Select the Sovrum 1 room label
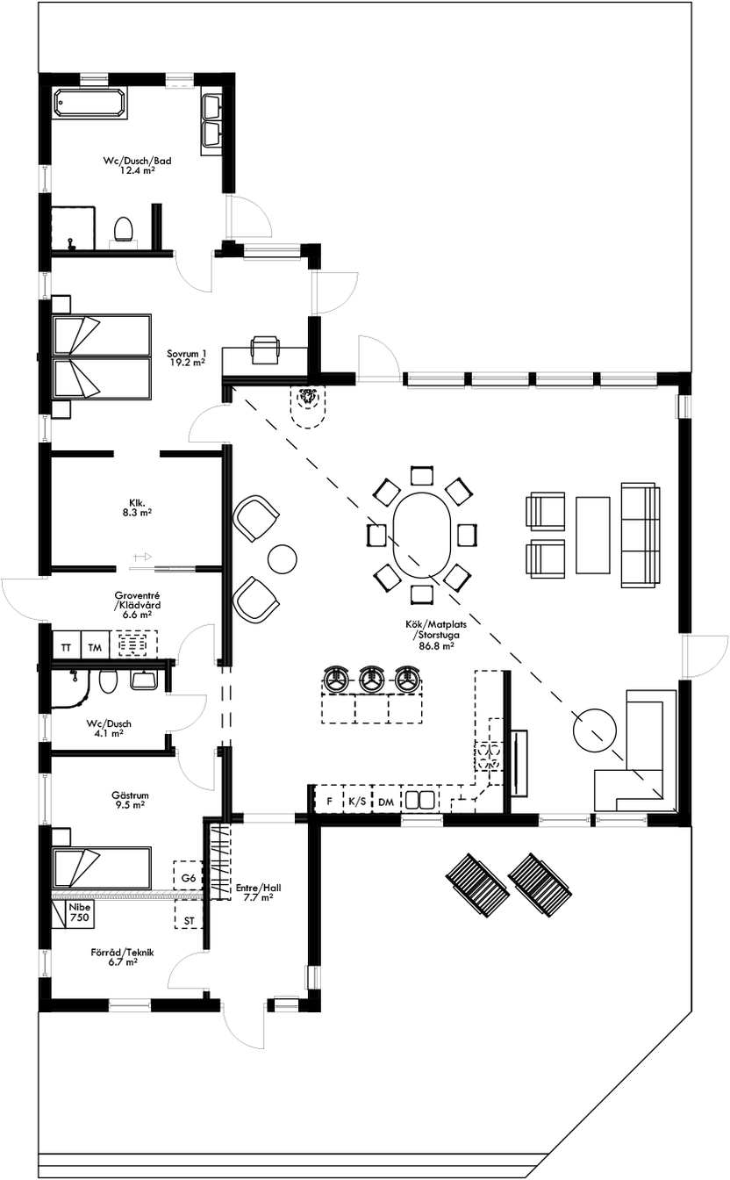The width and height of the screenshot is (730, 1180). [x=186, y=357]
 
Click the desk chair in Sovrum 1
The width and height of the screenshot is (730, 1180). [x=265, y=349]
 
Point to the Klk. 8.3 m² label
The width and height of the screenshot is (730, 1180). [x=135, y=508]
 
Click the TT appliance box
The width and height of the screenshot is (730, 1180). [x=66, y=646]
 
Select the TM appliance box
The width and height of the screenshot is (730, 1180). [x=94, y=646]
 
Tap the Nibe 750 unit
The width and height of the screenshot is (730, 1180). [x=80, y=911]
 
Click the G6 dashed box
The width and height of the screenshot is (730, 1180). [x=189, y=877]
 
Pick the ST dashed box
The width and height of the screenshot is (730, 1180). [x=189, y=919]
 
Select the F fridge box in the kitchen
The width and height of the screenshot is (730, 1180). [x=329, y=801]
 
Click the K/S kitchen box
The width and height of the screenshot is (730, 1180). [x=357, y=801]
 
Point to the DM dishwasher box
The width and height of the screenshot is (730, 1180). [x=386, y=801]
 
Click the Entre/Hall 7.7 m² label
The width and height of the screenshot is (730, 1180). [x=254, y=893]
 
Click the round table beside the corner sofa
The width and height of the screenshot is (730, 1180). [x=593, y=729]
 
